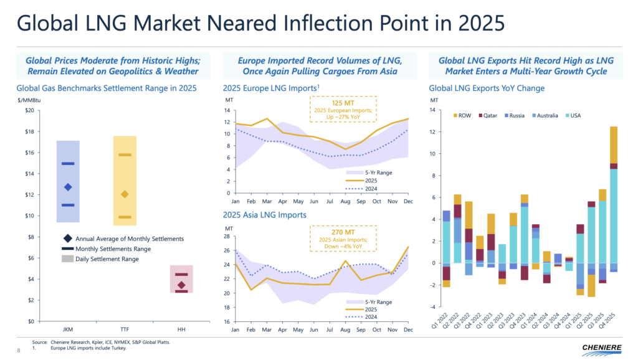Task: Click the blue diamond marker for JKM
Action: point(68,187)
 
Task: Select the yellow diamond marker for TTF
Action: point(125,194)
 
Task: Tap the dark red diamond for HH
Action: point(181,285)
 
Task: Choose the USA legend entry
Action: point(589,116)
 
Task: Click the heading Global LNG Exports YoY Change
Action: point(487,88)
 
